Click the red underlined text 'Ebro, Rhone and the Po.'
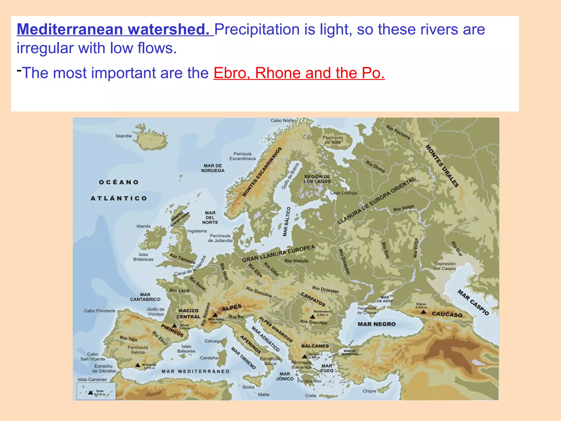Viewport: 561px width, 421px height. point(299,73)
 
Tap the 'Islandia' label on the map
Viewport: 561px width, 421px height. point(123,136)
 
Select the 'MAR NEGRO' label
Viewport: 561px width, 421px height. point(376,324)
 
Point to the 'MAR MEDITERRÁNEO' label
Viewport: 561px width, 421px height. point(195,371)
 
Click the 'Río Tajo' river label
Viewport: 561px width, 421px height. point(128,339)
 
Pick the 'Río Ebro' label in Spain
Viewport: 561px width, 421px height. point(159,338)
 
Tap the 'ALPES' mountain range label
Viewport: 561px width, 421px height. point(232,308)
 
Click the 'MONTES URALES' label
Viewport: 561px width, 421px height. point(442,166)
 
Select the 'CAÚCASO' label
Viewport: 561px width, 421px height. point(447,314)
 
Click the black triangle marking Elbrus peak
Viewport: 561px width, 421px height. point(423,312)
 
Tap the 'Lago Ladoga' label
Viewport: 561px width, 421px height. point(344,193)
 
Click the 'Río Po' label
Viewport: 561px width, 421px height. point(236,317)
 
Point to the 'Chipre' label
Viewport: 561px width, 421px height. point(369,391)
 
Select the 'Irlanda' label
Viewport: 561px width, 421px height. point(144,226)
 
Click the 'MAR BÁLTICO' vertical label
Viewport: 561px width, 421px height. point(287,221)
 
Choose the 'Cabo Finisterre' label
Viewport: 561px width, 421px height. point(99,311)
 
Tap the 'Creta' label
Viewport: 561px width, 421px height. point(311,396)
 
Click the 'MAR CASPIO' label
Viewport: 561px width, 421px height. point(473,303)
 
